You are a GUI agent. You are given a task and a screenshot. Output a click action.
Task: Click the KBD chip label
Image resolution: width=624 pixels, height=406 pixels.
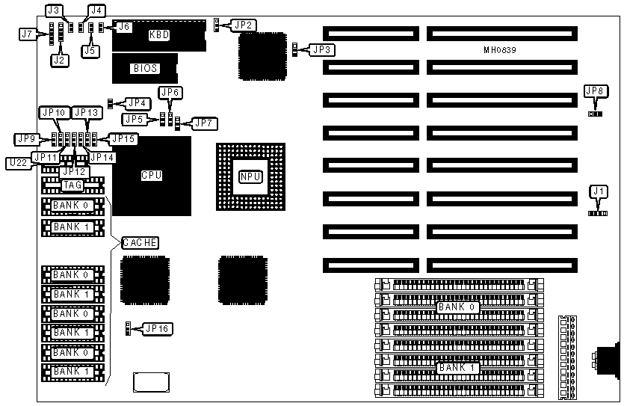pos(160,34)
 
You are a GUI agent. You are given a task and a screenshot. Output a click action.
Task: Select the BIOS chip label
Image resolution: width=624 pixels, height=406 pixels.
pos(146,68)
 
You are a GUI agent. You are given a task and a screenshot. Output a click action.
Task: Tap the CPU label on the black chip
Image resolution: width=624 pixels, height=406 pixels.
pos(152,176)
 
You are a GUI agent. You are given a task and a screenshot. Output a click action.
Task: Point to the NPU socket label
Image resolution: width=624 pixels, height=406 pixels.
pos(250,176)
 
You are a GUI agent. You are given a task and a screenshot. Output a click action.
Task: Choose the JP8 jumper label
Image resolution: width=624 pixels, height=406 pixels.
pos(596,91)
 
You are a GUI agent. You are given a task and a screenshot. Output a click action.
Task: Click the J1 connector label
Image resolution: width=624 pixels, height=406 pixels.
pos(597,191)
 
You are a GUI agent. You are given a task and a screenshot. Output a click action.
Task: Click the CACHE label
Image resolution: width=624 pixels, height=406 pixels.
pos(140,242)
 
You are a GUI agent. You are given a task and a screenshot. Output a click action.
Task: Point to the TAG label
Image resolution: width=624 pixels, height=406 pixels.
pos(72,185)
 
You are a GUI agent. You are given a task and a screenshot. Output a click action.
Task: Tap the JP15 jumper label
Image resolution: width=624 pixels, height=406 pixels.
pos(123,138)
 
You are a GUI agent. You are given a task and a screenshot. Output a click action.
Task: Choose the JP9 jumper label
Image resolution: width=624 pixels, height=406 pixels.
pos(26,139)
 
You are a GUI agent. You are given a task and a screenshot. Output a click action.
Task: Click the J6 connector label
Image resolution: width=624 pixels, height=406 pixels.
pos(124,26)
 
